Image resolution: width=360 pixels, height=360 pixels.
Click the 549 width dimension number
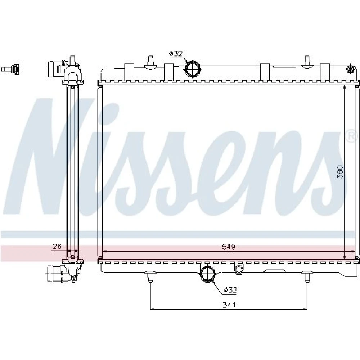point(229,247)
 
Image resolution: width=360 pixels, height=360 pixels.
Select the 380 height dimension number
point(340,172)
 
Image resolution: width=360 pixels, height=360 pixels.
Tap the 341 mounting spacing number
point(229,305)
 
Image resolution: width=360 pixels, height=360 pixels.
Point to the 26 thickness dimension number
point(57,246)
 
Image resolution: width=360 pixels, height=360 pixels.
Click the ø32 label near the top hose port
point(176,54)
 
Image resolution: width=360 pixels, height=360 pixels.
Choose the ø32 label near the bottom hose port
point(230,290)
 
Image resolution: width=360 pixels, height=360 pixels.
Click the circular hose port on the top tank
point(193,69)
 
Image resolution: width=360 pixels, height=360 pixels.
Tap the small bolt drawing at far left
point(10,69)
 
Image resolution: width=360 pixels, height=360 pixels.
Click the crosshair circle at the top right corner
point(350,68)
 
